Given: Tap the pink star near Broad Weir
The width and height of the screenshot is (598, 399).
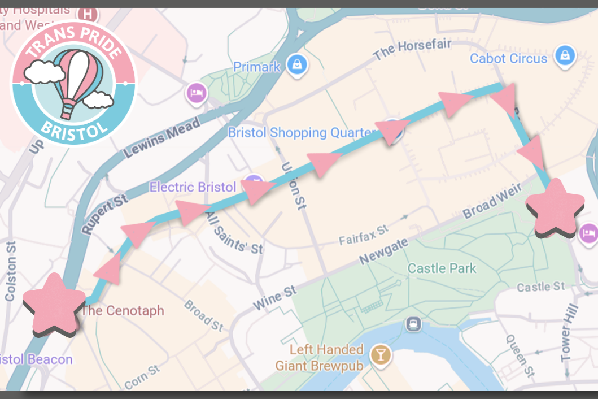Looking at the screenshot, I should coord(556,207).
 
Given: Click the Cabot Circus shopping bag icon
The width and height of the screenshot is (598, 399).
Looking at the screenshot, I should coord(564,56).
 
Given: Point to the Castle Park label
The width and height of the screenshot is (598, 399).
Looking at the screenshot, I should coord(442,268).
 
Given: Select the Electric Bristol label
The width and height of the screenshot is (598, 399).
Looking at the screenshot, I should coord(193,187).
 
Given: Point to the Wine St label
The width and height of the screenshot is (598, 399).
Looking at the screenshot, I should coord(275,298).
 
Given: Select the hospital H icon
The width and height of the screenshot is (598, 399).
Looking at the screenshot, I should coord(88,14).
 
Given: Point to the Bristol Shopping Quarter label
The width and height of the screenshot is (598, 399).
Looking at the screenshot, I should coord(301,133).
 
